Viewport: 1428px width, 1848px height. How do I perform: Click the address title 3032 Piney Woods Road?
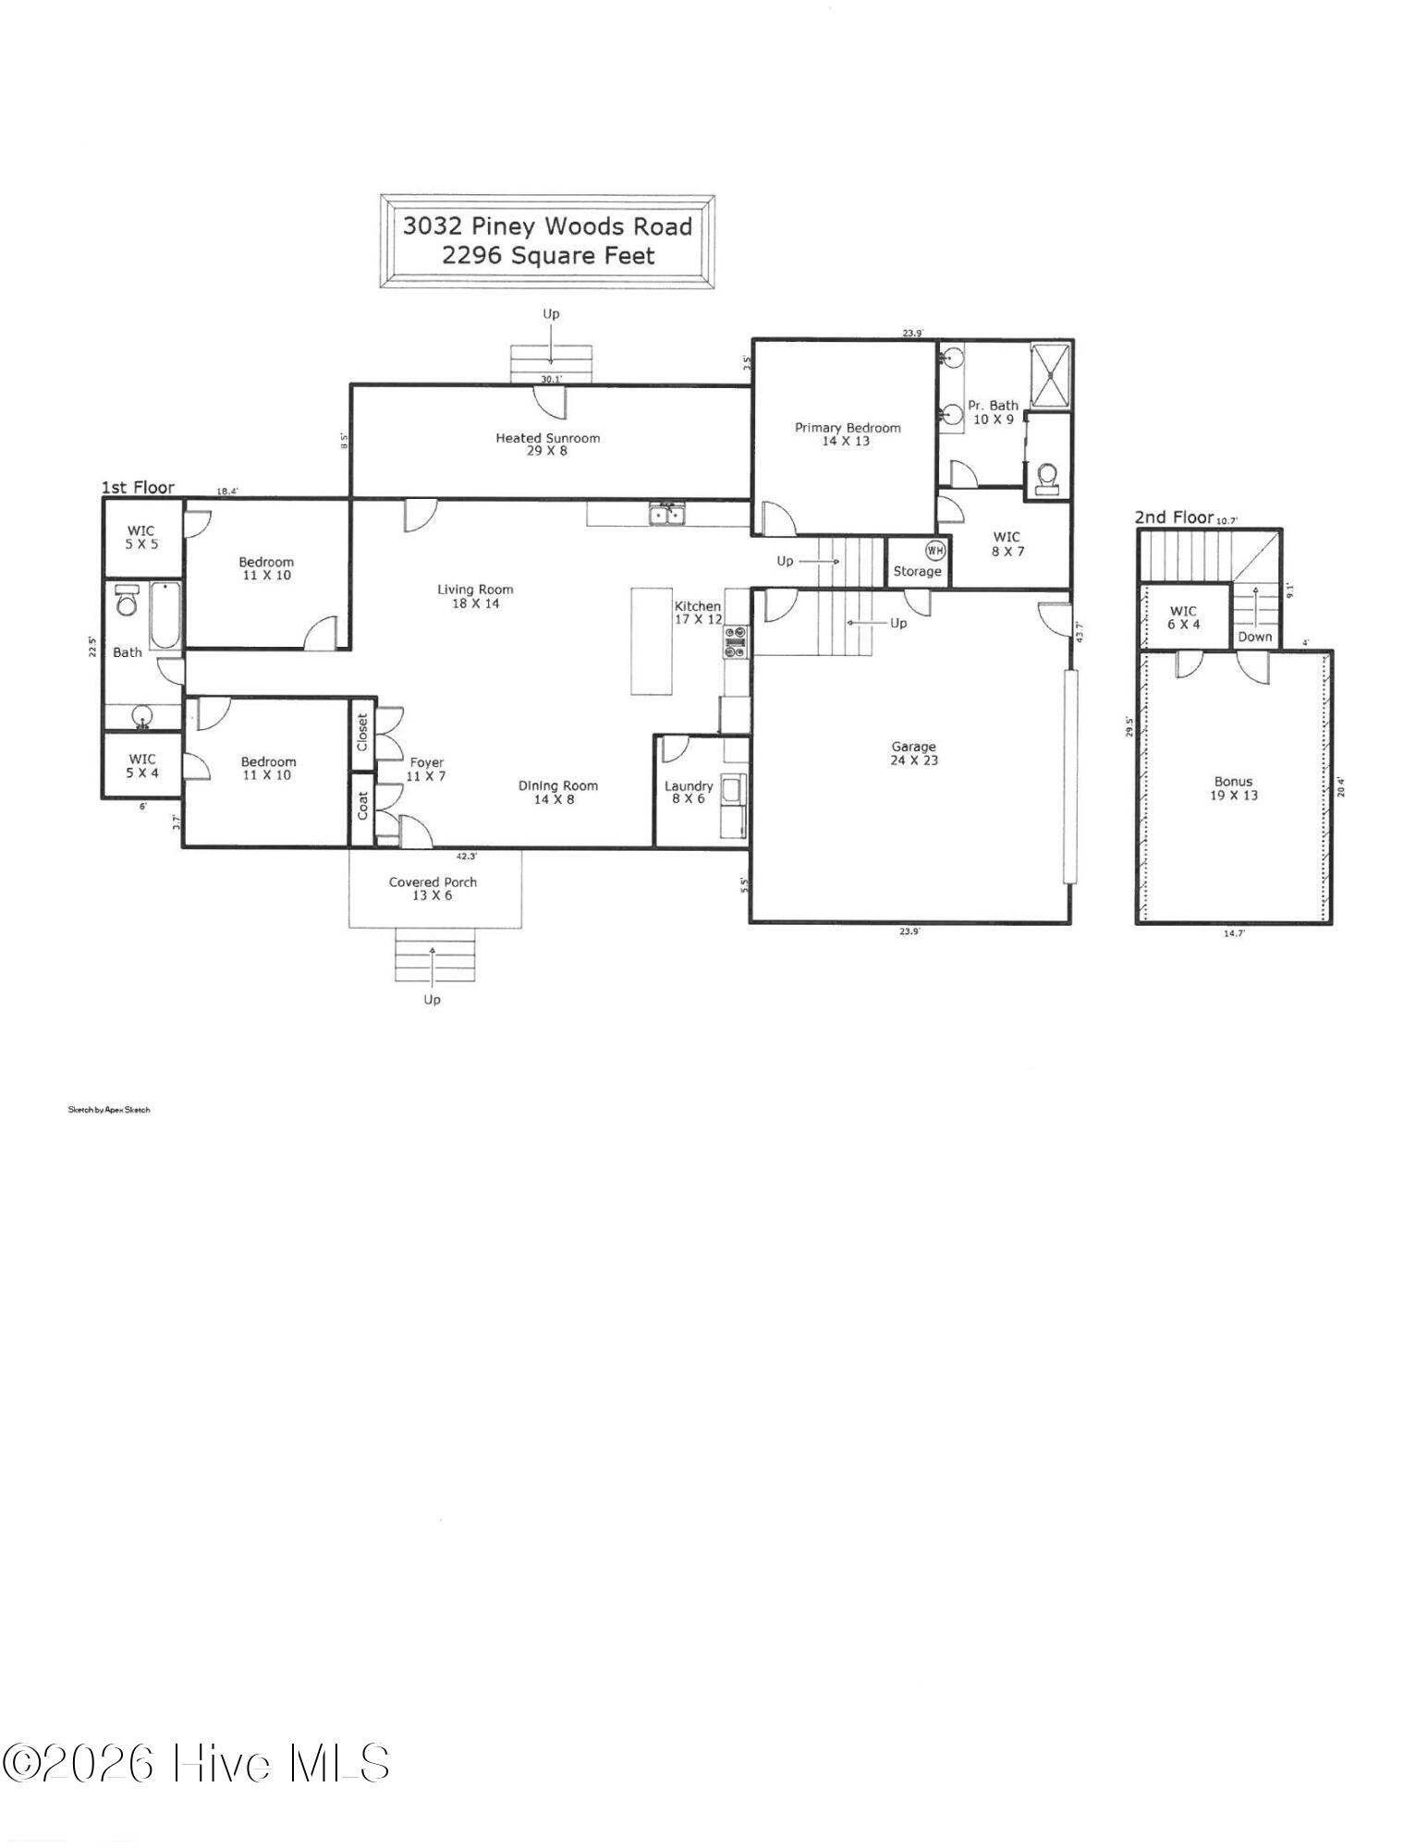[x=547, y=226]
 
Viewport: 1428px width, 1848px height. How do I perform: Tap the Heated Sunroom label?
[x=547, y=438]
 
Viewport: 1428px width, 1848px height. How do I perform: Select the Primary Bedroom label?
[x=848, y=428]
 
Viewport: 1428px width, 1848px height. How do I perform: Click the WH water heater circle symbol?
[x=935, y=551]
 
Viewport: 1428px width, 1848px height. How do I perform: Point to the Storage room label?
[x=917, y=572]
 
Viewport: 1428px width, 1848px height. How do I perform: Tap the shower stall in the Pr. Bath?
[x=1051, y=373]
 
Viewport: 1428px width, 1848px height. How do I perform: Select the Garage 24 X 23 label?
[x=913, y=753]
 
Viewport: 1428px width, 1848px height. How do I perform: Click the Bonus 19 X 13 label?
[x=1233, y=788]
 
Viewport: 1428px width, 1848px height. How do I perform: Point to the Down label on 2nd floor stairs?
[x=1254, y=637]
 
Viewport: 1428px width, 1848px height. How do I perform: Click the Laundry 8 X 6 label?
[x=689, y=792]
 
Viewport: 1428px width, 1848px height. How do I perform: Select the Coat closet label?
[x=362, y=804]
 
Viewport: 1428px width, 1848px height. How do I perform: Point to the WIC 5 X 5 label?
[x=141, y=537]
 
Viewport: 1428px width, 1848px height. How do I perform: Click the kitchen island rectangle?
[x=652, y=640]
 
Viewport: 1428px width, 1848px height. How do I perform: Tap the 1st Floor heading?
[x=138, y=487]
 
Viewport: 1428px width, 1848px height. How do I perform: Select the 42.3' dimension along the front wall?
[x=467, y=856]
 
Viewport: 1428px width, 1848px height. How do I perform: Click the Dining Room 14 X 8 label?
[x=557, y=792]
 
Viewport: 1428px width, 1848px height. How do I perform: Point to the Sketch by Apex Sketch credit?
[x=108, y=1109]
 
